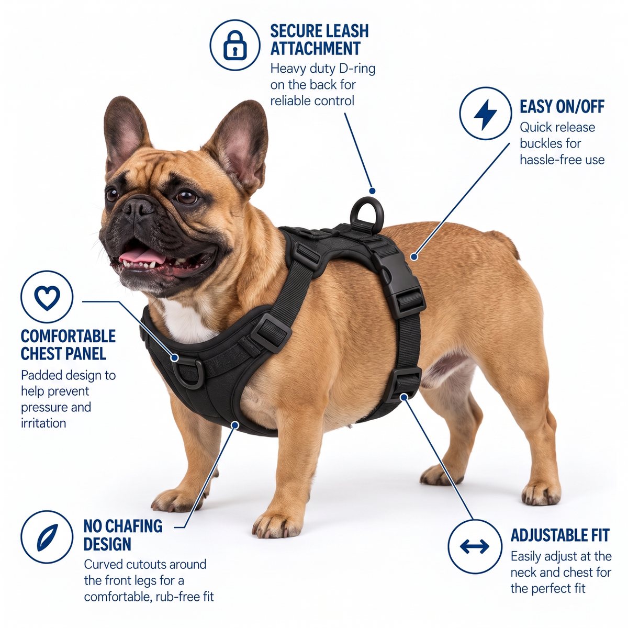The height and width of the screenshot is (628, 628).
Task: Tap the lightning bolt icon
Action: [485, 114]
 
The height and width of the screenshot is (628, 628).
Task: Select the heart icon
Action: [47, 297]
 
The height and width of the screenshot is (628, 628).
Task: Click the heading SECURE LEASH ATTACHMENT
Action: [319, 40]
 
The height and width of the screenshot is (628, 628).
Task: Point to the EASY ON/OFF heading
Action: [562, 106]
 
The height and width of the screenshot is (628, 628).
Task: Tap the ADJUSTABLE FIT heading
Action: [559, 535]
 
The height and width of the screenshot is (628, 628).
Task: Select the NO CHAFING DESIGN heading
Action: [122, 535]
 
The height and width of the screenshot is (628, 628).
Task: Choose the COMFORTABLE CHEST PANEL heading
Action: [68, 345]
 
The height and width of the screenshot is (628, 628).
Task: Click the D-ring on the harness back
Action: [366, 211]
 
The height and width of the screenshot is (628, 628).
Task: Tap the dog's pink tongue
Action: [141, 255]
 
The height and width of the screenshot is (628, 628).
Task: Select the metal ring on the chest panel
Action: [188, 373]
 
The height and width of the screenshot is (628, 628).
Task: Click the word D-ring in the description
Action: [357, 69]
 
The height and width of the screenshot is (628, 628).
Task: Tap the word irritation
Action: [43, 423]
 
